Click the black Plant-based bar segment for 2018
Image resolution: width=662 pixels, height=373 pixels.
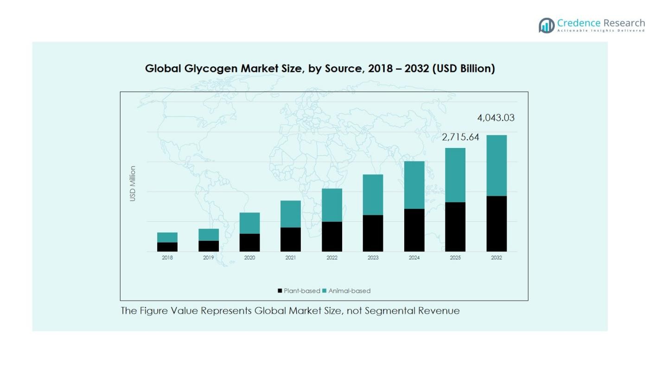tap(167, 247)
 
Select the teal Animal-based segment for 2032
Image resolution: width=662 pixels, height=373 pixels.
tap(496, 166)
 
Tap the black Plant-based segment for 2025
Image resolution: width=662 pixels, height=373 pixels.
tap(455, 227)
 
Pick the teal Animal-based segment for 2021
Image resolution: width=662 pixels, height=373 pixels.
tap(291, 214)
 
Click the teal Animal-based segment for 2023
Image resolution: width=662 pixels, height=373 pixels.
tap(373, 195)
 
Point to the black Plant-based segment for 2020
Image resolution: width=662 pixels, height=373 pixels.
tap(249, 243)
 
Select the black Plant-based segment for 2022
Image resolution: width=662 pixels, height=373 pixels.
tap(332, 237)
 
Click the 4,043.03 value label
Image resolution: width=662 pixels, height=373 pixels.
tap(496, 118)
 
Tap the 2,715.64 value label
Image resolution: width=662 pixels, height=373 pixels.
tap(460, 137)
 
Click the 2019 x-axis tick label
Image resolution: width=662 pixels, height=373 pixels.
tap(209, 258)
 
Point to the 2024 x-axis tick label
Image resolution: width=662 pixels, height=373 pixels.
tap(414, 258)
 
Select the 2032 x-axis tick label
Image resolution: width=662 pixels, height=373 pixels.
tap(496, 258)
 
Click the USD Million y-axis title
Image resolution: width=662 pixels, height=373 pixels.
tap(133, 184)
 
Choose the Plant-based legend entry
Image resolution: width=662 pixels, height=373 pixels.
tap(299, 291)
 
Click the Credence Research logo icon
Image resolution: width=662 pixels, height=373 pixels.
tap(547, 25)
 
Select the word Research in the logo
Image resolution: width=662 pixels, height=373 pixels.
tap(624, 23)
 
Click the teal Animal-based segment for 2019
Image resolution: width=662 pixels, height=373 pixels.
tap(209, 235)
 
